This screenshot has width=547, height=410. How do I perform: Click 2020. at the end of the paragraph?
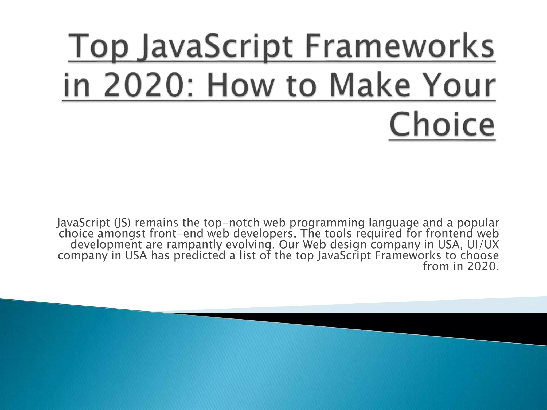point(483,266)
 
